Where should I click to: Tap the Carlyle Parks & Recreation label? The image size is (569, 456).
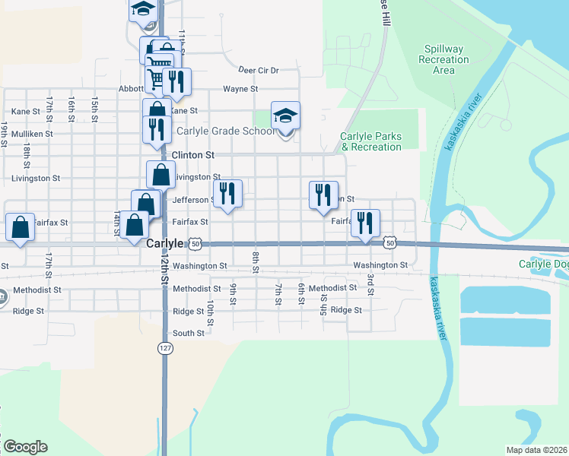[370, 141]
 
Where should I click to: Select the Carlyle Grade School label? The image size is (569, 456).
[225, 131]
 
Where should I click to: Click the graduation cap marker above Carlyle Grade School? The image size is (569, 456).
[285, 116]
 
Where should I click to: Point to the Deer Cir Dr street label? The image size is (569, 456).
[258, 70]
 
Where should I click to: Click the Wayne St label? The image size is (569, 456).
[242, 89]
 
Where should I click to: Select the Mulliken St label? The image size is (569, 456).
[31, 133]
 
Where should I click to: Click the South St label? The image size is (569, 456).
[189, 333]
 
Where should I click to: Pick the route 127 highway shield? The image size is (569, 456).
[165, 347]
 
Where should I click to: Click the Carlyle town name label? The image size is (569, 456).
[164, 243]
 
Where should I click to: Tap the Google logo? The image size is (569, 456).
[25, 447]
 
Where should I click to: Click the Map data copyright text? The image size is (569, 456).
[537, 450]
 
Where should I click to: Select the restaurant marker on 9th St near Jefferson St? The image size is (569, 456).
[227, 194]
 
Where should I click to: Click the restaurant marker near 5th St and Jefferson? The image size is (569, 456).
[323, 195]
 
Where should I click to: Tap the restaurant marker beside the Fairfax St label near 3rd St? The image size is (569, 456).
[365, 223]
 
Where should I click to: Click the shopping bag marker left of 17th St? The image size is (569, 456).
[20, 226]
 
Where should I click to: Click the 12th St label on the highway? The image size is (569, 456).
[164, 269]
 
